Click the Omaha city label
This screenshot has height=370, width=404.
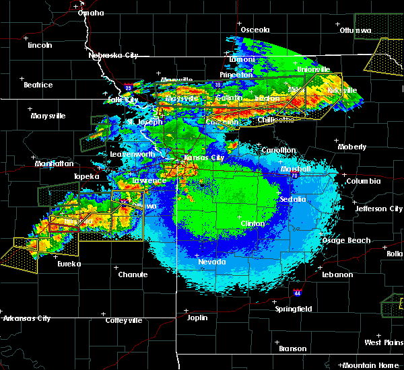91,13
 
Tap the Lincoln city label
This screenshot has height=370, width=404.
40,45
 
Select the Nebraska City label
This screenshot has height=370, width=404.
113,55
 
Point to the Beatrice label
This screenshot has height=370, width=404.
38,85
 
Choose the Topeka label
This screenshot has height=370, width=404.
86,177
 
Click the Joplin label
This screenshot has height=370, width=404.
197,317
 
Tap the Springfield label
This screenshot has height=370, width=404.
294,309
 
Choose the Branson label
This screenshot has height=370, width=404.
293,348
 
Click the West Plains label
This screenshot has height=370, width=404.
383,342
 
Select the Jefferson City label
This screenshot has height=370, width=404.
379,209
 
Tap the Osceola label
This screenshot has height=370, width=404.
255,30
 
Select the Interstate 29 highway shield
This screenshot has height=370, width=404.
127,87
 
